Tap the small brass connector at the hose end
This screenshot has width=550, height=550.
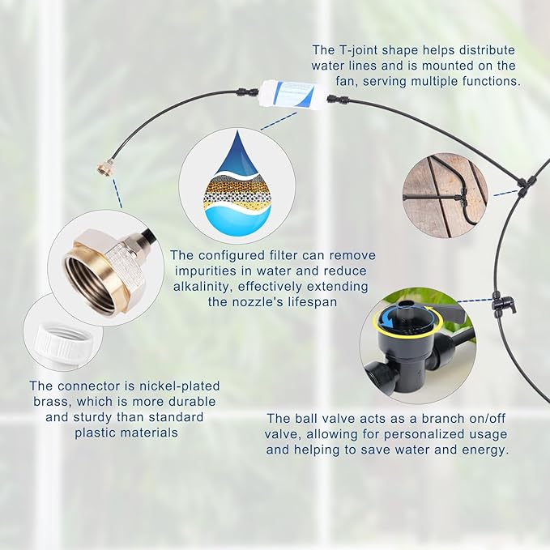coord(104,168)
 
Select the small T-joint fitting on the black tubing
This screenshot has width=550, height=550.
coord(523,185)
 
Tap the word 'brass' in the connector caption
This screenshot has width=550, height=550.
coord(46,402)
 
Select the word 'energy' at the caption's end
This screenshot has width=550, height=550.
coord(485,450)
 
